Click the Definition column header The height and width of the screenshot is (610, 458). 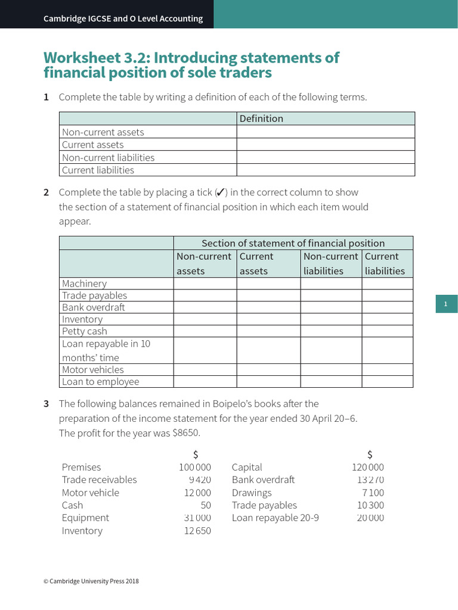[x=261, y=119]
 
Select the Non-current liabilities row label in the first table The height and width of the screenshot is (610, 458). [x=108, y=157]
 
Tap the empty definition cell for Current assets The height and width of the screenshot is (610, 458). [x=325, y=145]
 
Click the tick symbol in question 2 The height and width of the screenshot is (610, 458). [x=220, y=192]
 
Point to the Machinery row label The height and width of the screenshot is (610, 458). [x=84, y=284]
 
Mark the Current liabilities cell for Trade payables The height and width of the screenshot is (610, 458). [x=387, y=295]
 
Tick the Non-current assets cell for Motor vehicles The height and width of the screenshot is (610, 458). [x=205, y=369]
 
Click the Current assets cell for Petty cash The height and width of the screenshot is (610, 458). [x=268, y=331]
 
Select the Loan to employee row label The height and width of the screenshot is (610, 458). [x=100, y=382]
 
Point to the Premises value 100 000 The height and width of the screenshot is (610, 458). [x=194, y=467]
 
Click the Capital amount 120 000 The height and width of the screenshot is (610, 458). [x=367, y=467]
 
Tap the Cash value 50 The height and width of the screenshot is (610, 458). [x=205, y=505]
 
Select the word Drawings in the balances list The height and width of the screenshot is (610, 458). [x=252, y=493]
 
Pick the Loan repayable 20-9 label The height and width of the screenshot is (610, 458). [x=275, y=518]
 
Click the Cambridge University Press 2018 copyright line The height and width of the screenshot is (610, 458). [x=91, y=581]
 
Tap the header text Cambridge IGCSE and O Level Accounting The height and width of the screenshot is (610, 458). [x=123, y=18]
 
